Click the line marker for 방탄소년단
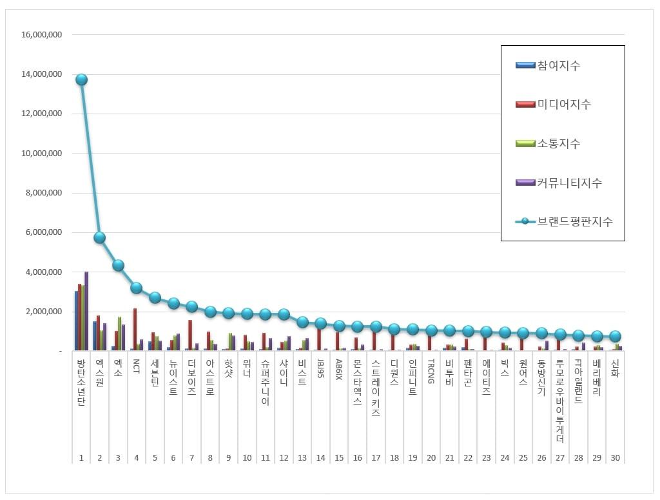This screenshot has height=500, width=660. [81, 79]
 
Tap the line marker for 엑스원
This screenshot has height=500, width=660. [99, 237]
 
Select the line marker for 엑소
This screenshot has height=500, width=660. [118, 265]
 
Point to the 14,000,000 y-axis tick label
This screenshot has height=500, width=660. [41, 74]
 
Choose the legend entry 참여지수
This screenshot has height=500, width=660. [558, 65]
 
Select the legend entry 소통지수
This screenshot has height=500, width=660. [558, 143]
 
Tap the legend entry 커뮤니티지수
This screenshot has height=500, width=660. [569, 183]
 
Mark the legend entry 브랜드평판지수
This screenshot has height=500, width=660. [574, 221]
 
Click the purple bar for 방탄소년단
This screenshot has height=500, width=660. [86, 311]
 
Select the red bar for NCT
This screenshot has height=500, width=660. [135, 329]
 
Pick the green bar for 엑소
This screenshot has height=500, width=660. [119, 334]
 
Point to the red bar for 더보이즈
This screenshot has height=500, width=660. [190, 335]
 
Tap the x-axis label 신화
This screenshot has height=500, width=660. [615, 369]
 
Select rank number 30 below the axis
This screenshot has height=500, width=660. [615, 457]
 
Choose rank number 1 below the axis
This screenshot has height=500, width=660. [81, 457]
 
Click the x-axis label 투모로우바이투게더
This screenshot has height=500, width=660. [560, 400]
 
